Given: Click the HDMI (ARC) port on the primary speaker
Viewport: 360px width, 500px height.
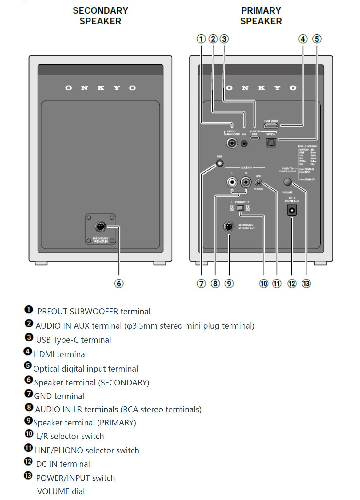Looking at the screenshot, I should point(271,126).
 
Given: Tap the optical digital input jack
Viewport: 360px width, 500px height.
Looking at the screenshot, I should point(271,143).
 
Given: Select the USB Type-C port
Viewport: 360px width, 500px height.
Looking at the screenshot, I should point(254,138).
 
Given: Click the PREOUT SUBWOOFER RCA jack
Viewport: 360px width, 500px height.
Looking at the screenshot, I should point(232,143).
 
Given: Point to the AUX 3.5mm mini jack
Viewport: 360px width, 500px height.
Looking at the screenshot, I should point(244,143).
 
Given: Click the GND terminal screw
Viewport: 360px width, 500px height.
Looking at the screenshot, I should point(220,163).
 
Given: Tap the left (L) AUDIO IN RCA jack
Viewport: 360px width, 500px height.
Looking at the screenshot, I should point(232,183).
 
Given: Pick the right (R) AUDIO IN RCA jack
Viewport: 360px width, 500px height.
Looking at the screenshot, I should point(246,183).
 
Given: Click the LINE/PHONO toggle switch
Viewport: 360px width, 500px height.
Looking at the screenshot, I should point(258,182).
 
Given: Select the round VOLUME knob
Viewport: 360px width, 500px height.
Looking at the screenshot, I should point(287,182).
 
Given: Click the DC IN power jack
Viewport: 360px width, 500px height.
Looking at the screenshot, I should point(292,211).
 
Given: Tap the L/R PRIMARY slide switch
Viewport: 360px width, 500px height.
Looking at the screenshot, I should point(240,208).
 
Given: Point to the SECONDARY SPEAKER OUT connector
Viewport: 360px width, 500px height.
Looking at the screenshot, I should point(229,227).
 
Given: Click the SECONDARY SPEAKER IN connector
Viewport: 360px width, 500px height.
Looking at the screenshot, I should point(100,227).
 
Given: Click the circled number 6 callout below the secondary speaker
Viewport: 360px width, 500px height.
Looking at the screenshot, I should point(119,284).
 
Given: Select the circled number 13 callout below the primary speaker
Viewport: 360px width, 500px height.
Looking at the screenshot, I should point(306,284).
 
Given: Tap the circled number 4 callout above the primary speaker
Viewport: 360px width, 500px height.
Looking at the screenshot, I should point(303,39).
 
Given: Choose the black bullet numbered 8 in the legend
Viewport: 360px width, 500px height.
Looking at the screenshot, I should point(29,407).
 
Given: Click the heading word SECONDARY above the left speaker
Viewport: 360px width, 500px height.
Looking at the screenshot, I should point(100,11).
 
